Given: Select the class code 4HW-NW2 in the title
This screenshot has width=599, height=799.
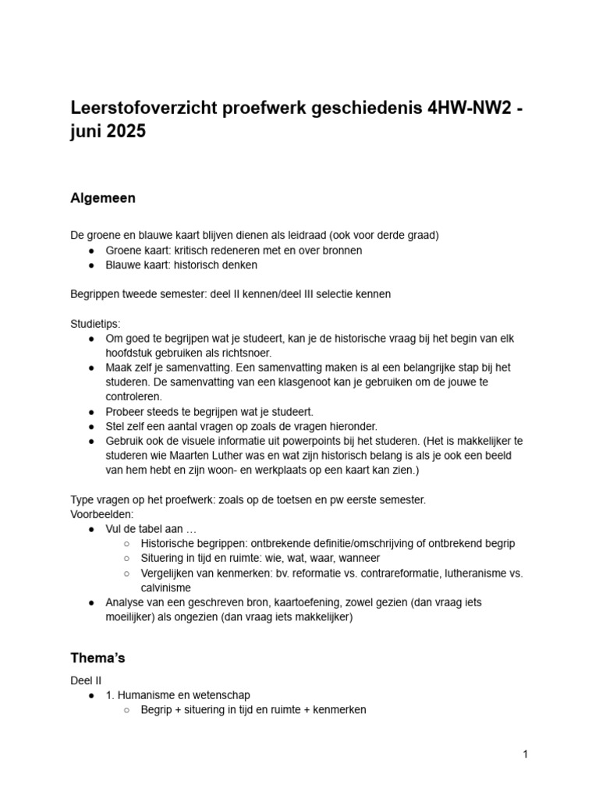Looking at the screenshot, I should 468,108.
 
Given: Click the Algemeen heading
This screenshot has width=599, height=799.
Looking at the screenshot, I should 102,198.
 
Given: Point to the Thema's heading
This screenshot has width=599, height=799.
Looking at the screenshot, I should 97,658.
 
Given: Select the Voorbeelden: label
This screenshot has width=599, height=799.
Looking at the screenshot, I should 102,516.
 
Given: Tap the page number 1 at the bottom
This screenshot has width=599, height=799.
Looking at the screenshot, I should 526,754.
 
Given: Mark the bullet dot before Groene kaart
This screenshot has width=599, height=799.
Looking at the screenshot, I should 92,250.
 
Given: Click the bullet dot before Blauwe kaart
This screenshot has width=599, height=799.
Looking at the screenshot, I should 92,265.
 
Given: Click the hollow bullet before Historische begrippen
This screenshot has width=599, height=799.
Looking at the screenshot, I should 127,544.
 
